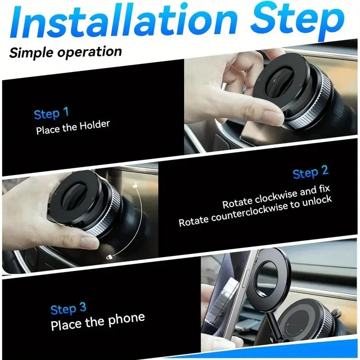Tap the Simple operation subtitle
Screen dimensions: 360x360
coord(66,52)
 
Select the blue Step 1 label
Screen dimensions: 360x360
coord(51,113)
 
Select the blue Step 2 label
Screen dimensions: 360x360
coord(310,172)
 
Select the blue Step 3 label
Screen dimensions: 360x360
coord(68,309)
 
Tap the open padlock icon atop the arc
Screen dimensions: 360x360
coord(135,184)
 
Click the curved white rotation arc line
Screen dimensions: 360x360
coord(140,220)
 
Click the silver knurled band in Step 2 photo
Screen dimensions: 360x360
coord(101,216)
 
